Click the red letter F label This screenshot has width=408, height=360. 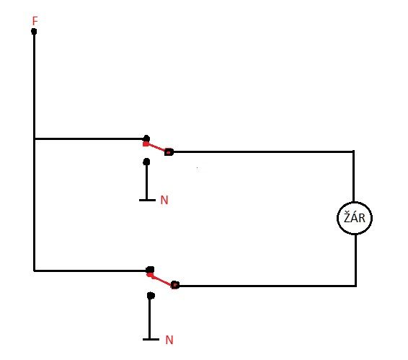click(x=35, y=21)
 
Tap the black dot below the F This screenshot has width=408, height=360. click(x=34, y=32)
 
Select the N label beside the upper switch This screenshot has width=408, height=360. click(x=164, y=200)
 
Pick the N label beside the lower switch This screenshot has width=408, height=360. click(x=169, y=340)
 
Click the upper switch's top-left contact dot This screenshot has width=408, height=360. click(x=146, y=138)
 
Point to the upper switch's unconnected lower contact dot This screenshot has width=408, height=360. click(x=146, y=162)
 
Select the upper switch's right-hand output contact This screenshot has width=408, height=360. click(x=169, y=152)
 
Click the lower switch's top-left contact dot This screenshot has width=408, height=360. click(x=150, y=270)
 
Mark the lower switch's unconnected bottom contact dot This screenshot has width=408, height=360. click(x=151, y=295)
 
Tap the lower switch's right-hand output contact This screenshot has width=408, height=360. click(x=175, y=285)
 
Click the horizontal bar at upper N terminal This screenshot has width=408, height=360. click(x=147, y=200)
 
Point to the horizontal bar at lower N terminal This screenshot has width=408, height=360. click(x=151, y=339)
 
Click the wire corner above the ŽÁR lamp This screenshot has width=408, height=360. click(x=353, y=152)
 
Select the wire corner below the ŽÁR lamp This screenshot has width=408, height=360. click(x=355, y=286)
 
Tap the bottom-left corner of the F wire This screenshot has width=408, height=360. click(x=34, y=271)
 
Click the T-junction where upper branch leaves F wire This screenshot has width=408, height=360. click(x=34, y=139)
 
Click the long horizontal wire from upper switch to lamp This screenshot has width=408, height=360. click(x=263, y=152)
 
